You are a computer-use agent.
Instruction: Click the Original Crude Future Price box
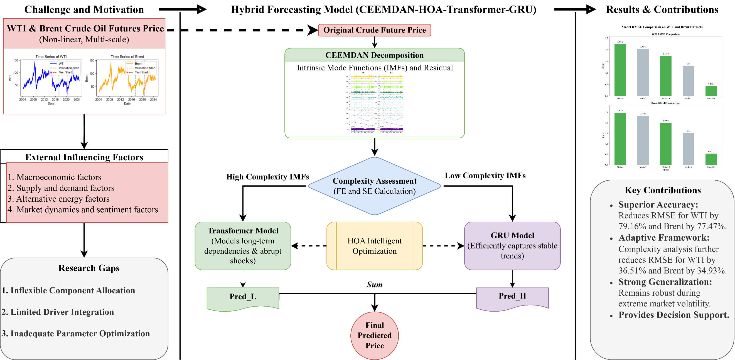point(374,30)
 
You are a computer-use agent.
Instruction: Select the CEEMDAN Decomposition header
point(374,55)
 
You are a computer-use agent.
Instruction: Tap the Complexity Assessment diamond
point(374,186)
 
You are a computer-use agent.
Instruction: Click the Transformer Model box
point(243,246)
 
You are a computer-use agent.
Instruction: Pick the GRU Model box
point(512,246)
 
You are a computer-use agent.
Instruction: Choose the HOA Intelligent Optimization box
point(374,246)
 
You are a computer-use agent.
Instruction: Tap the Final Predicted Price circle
point(374,335)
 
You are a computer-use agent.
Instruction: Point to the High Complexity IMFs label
point(267,177)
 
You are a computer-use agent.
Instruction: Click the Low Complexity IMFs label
point(485,176)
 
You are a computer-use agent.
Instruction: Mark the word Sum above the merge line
point(374,285)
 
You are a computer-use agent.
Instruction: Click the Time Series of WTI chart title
point(51,56)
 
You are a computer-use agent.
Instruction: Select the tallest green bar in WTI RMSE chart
point(620,70)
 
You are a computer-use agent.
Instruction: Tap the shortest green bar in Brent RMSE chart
point(711,159)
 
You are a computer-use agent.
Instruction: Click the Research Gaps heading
point(89,268)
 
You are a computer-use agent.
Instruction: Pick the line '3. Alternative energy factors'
point(58,199)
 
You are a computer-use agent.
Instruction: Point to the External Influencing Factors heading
point(84,157)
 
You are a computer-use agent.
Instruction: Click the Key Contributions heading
point(663,190)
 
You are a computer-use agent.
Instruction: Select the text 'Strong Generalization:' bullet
point(665,282)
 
